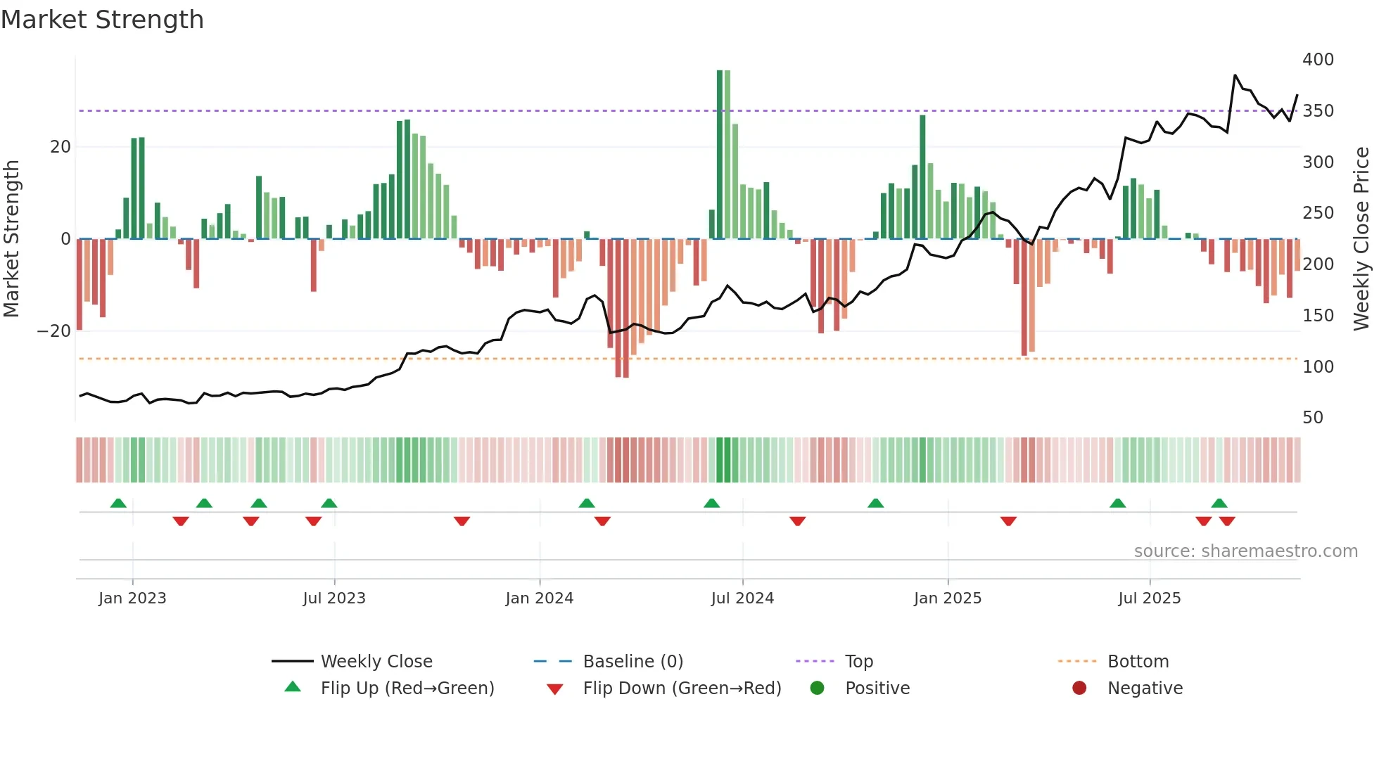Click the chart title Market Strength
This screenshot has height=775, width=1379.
point(103,20)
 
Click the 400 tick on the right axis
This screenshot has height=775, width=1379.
point(1317,60)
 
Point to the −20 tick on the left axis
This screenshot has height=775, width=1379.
point(53,331)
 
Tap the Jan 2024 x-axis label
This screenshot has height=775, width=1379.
point(539,598)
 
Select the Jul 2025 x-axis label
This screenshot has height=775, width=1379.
point(1149,598)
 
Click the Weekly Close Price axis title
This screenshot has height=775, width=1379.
point(1361,239)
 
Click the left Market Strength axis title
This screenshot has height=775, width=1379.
point(11,239)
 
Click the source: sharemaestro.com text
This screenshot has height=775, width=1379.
point(1245,551)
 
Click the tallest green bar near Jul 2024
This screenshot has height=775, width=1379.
point(720,155)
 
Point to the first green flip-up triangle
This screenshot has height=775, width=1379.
point(118,504)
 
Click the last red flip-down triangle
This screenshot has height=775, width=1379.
point(1227,521)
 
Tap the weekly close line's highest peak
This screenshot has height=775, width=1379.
point(1235,75)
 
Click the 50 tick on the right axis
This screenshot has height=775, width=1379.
point(1312,418)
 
